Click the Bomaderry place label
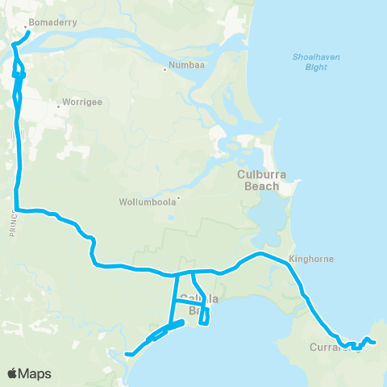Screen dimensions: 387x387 pyautogui.click(x=52, y=23)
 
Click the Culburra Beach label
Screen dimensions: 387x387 pyautogui.click(x=259, y=180)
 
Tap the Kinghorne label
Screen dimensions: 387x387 pyautogui.click(x=310, y=260)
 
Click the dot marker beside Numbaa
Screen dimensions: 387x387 pyautogui.click(x=165, y=69)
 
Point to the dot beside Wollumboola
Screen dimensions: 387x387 pyautogui.click(x=178, y=198)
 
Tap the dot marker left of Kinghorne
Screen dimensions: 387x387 pyautogui.click(x=289, y=260)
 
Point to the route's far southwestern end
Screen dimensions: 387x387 pyautogui.click(x=127, y=353)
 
